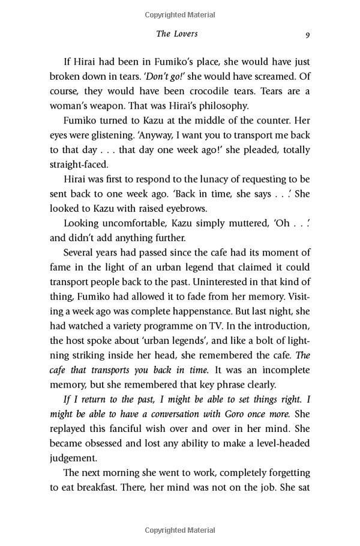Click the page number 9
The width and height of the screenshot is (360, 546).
coord(307,35)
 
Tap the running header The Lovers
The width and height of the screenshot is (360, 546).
coord(177,34)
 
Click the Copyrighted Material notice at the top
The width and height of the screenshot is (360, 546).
coord(180,14)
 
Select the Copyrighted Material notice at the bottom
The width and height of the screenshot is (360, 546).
coord(180,530)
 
